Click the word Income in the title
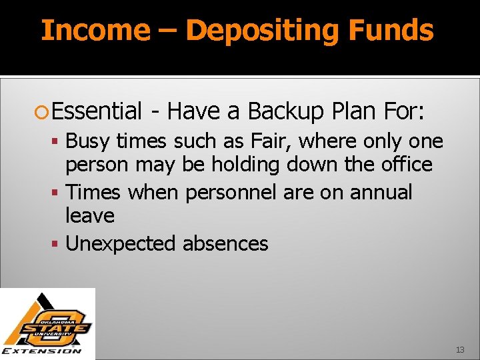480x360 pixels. coord(96,31)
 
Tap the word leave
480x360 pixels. coord(90,216)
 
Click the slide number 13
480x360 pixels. coord(460,350)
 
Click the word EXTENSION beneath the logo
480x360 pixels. coord(43,351)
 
